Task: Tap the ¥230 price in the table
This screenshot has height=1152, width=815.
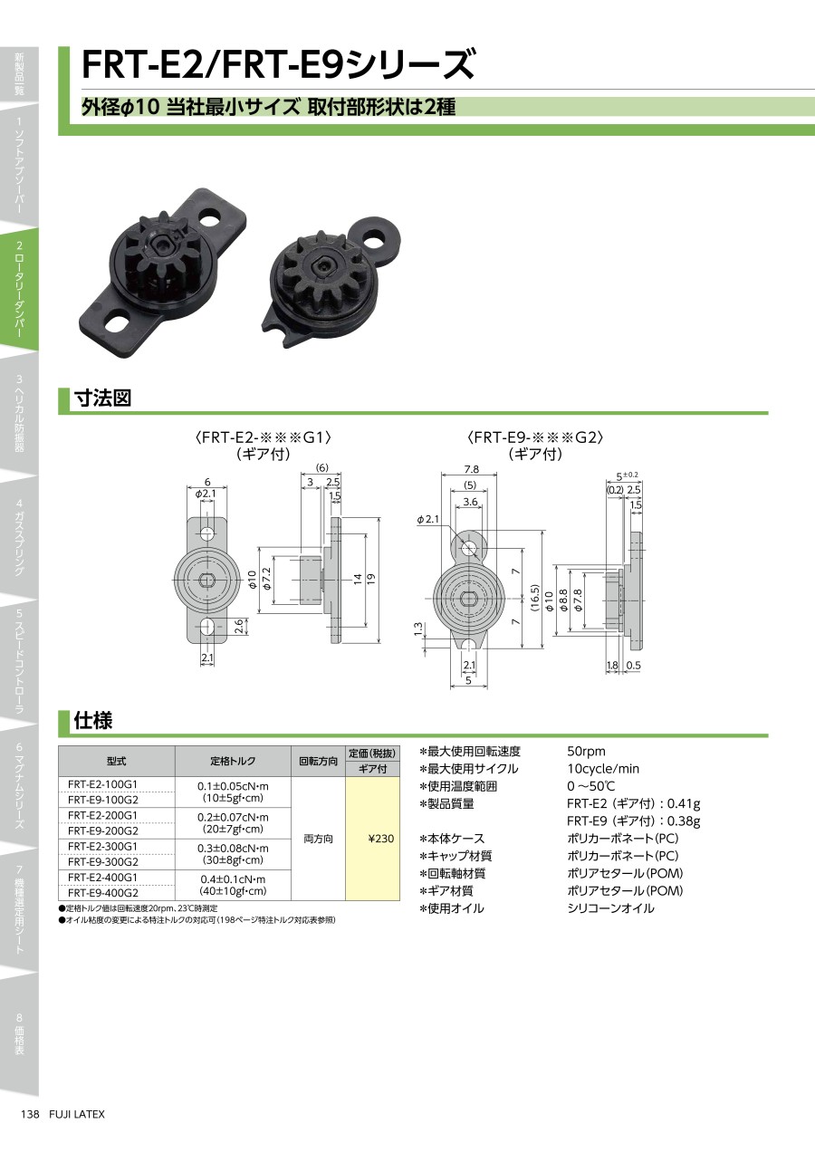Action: click(381, 839)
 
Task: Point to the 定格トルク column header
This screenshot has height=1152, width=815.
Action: click(233, 761)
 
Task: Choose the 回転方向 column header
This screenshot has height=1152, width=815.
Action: click(318, 761)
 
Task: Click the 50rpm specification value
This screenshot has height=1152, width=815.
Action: click(586, 751)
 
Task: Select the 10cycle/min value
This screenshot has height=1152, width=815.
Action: click(603, 768)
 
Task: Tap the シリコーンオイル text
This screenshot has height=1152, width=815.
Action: click(610, 907)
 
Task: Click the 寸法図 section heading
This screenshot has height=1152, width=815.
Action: click(103, 398)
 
